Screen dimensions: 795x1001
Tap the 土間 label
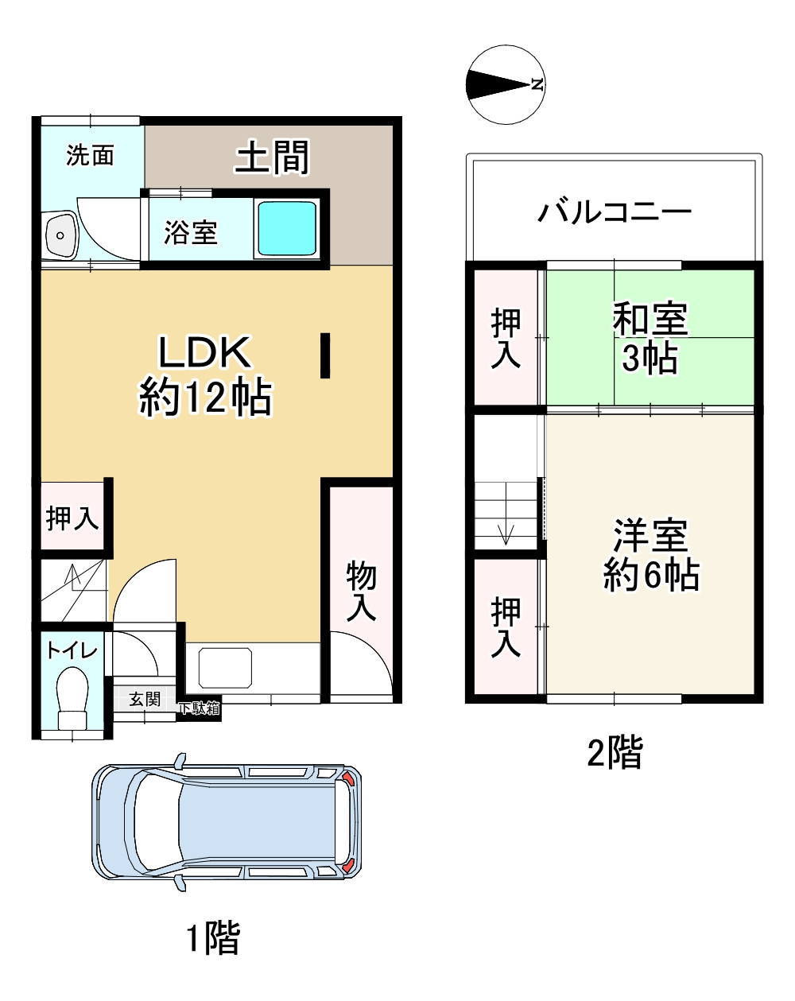[x=271, y=157]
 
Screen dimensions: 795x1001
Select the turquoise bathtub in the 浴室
[x=286, y=228]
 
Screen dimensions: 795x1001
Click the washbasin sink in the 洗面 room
[x=60, y=235]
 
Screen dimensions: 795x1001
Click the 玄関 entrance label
[x=144, y=699]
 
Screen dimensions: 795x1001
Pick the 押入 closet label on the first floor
[x=72, y=518]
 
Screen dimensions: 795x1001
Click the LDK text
[x=204, y=352]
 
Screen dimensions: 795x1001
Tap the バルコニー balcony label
[x=614, y=212]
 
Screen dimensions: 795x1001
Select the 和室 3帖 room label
[x=650, y=338]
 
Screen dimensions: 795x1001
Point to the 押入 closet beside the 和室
[x=505, y=338]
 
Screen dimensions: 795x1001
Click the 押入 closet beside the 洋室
[x=505, y=627]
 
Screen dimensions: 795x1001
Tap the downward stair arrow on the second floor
[x=506, y=535]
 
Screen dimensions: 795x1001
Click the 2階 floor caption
[x=615, y=751]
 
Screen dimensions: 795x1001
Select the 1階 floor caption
[x=213, y=937]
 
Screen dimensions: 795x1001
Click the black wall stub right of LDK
[x=325, y=355]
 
